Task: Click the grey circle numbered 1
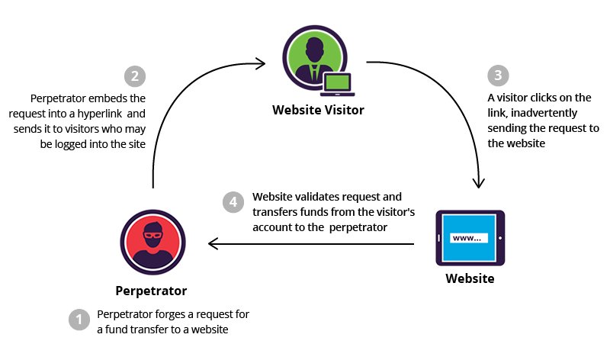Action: tap(79, 320)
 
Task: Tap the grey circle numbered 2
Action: tap(134, 76)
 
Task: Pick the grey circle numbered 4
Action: tap(233, 202)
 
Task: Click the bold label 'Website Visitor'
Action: tap(318, 110)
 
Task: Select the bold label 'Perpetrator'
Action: tap(151, 291)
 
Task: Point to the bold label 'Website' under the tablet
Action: tap(470, 278)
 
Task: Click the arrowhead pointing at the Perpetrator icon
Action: tap(214, 244)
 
